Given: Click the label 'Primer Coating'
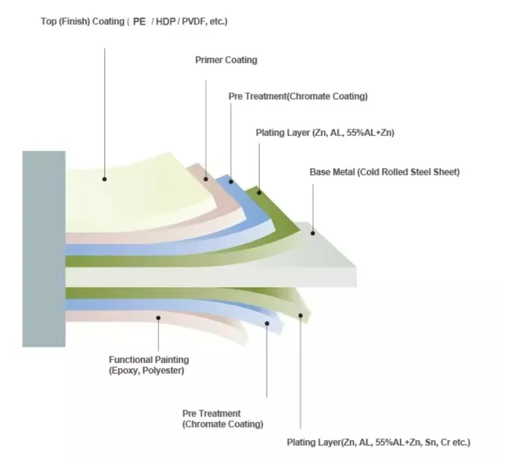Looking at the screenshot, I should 225,60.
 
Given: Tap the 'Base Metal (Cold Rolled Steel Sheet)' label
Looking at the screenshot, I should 384,172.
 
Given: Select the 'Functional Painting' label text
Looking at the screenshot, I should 149,359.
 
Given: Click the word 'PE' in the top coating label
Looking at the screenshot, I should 139,20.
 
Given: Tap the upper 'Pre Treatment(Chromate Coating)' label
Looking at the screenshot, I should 298,97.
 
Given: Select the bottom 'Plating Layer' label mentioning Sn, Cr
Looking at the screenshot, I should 378,442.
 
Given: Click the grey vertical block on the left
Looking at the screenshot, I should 44,249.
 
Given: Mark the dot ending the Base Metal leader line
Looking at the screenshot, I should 312,233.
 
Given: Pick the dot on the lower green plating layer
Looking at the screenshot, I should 300,315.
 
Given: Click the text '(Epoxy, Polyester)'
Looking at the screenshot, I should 147,370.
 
